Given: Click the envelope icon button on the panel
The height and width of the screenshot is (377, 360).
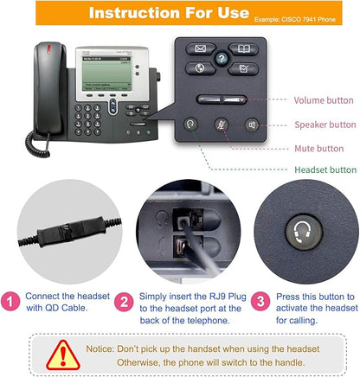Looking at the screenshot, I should point(201,49).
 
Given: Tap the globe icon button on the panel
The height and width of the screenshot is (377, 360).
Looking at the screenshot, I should point(201,68).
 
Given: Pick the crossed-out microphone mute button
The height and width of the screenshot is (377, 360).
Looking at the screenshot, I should point(222,124).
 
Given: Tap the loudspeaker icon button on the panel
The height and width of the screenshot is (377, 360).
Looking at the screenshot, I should point(252,124).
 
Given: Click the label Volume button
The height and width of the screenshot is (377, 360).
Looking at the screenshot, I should point(325,100).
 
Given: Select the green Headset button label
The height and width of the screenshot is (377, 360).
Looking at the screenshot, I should point(325,170).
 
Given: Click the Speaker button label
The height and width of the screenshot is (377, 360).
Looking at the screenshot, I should point(325,125).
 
